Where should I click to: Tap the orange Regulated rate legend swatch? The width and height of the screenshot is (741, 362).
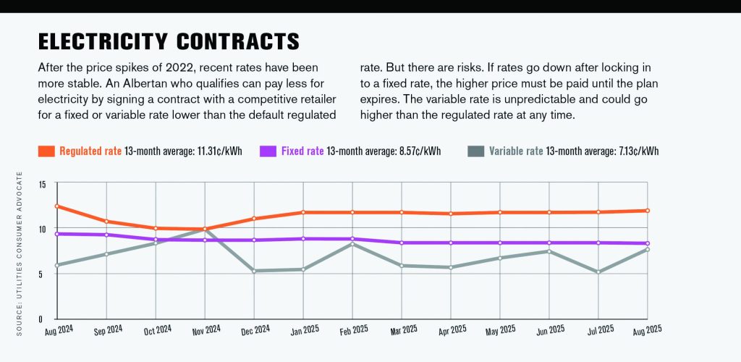(x=46, y=151)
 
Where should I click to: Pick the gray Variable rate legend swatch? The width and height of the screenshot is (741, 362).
(x=476, y=151)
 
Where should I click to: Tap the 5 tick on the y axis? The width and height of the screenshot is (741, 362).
(x=43, y=274)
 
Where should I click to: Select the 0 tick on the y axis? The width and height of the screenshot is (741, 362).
(x=43, y=319)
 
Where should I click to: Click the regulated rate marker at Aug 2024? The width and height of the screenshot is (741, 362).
(x=57, y=206)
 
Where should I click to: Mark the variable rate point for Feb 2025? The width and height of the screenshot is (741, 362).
(x=352, y=244)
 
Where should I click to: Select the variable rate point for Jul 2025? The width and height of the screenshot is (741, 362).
(x=598, y=272)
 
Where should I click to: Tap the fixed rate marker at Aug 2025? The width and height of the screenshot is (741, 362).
(x=648, y=243)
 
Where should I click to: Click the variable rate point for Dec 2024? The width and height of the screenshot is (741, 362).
(x=254, y=271)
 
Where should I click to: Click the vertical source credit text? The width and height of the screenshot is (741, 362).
(x=20, y=253)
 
